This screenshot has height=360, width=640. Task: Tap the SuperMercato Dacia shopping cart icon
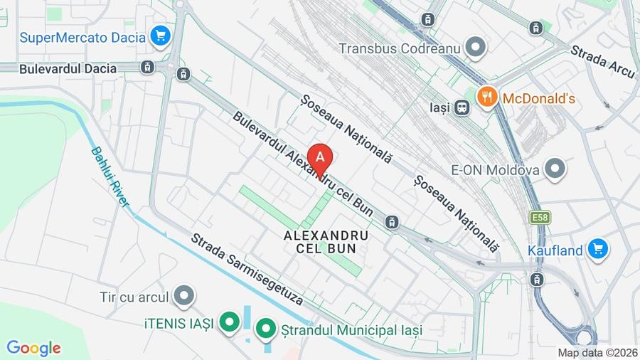[159, 37]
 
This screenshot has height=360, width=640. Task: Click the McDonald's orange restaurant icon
[487, 97]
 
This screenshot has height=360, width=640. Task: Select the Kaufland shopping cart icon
[597, 250]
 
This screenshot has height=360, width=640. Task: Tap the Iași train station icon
[462, 108]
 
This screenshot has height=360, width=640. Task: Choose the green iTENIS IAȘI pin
[229, 323]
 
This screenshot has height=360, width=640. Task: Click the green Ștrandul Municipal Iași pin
[265, 329]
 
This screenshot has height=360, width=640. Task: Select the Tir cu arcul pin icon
[184, 296]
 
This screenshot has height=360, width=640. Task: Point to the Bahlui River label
[110, 176]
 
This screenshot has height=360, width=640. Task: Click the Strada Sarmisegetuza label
[247, 270]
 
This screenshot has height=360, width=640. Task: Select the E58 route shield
[538, 218]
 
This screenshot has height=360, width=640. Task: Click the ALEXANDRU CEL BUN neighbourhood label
[326, 242]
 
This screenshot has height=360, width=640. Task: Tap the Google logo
[33, 348]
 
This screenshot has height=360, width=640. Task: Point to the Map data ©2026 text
[597, 352]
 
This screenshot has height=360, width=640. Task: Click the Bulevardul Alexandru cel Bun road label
[302, 164]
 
